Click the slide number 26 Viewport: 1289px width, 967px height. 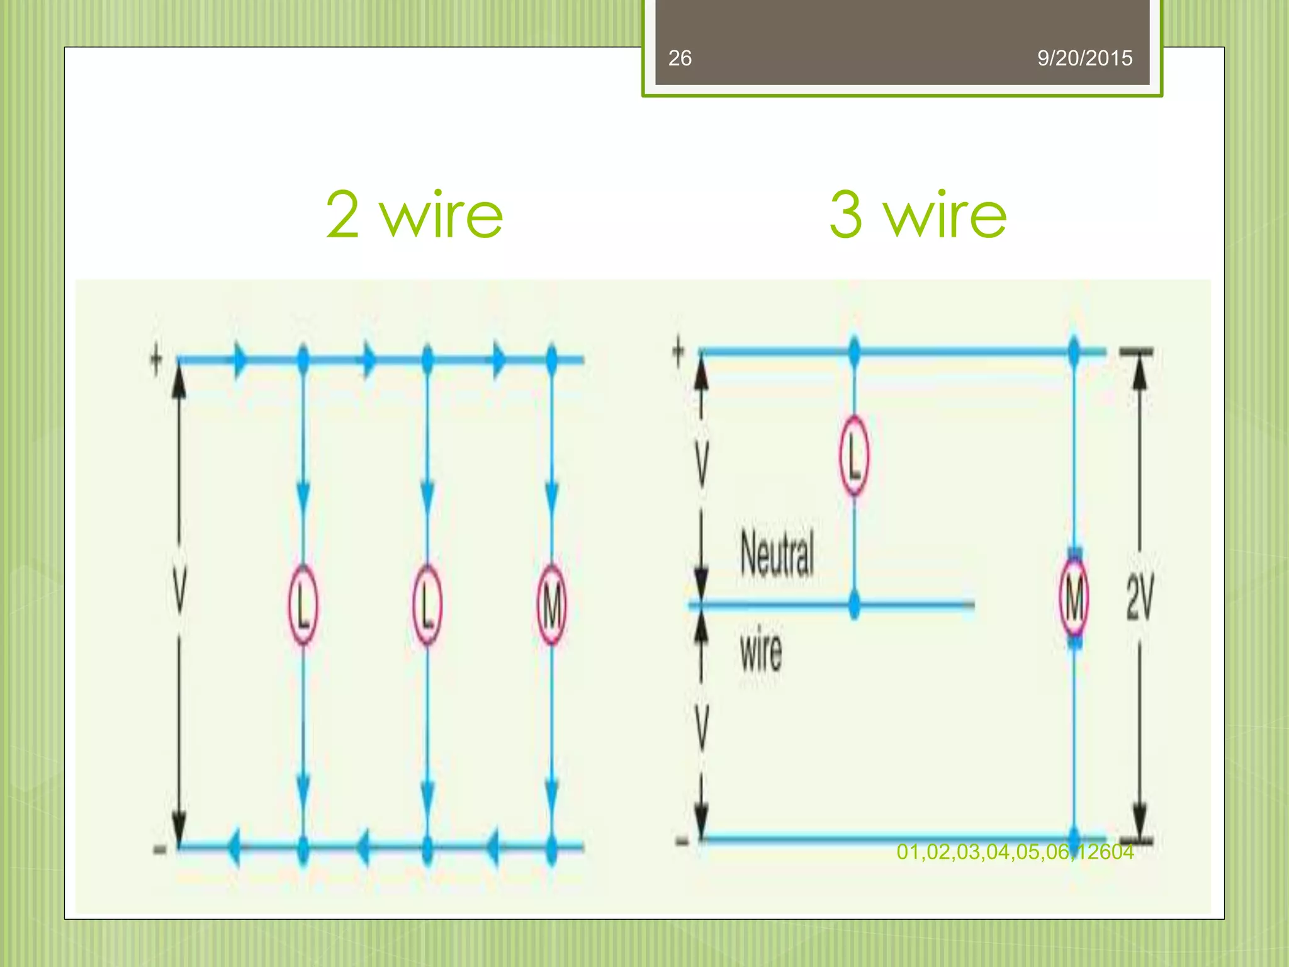tap(680, 58)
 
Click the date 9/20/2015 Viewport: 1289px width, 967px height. tap(1084, 58)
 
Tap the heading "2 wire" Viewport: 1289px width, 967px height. tap(414, 215)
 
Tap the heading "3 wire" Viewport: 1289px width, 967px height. tap(918, 215)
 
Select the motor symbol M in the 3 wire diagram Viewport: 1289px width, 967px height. tap(1074, 598)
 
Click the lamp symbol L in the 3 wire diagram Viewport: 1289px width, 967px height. tap(854, 456)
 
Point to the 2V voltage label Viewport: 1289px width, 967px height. tap(1140, 598)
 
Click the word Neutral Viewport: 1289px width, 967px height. tap(777, 554)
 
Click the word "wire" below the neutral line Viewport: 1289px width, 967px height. tap(761, 648)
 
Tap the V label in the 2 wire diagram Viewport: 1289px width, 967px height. tap(180, 589)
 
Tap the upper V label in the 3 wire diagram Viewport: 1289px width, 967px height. tap(702, 463)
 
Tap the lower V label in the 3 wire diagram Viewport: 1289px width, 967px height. tap(702, 727)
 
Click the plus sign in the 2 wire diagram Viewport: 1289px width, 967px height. tap(156, 360)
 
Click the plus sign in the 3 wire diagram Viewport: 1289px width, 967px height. tap(678, 351)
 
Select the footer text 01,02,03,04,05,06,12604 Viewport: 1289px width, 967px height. tap(1015, 852)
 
